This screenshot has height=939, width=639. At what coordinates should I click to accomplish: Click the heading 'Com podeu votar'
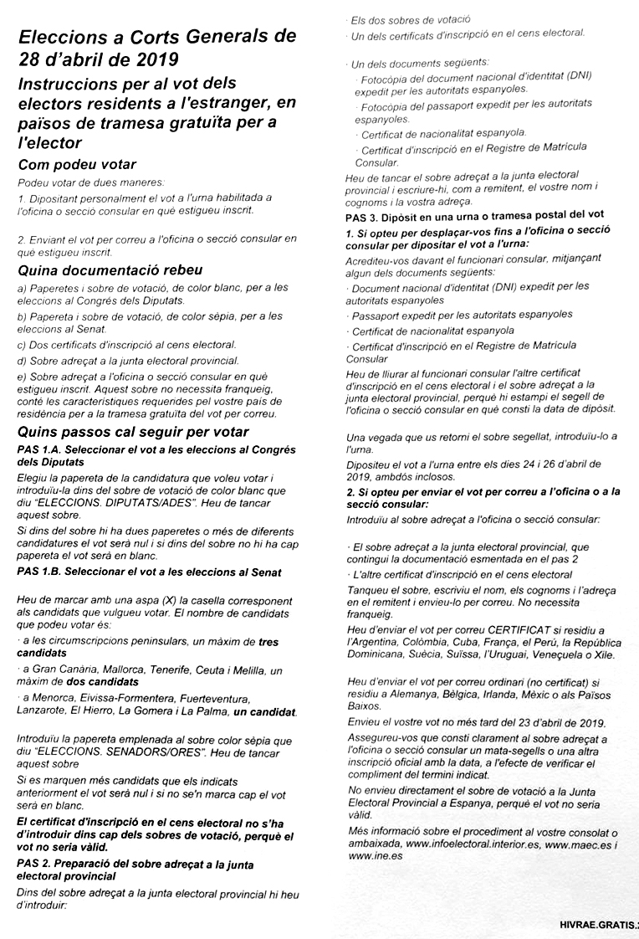point(77,165)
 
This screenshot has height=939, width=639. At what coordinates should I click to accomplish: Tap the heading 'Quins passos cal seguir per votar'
point(133,432)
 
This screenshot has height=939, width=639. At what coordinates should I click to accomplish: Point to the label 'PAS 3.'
point(362,215)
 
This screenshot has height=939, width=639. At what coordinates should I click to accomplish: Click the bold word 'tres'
point(268,642)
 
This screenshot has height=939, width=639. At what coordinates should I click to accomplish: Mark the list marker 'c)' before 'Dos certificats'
point(22,344)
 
